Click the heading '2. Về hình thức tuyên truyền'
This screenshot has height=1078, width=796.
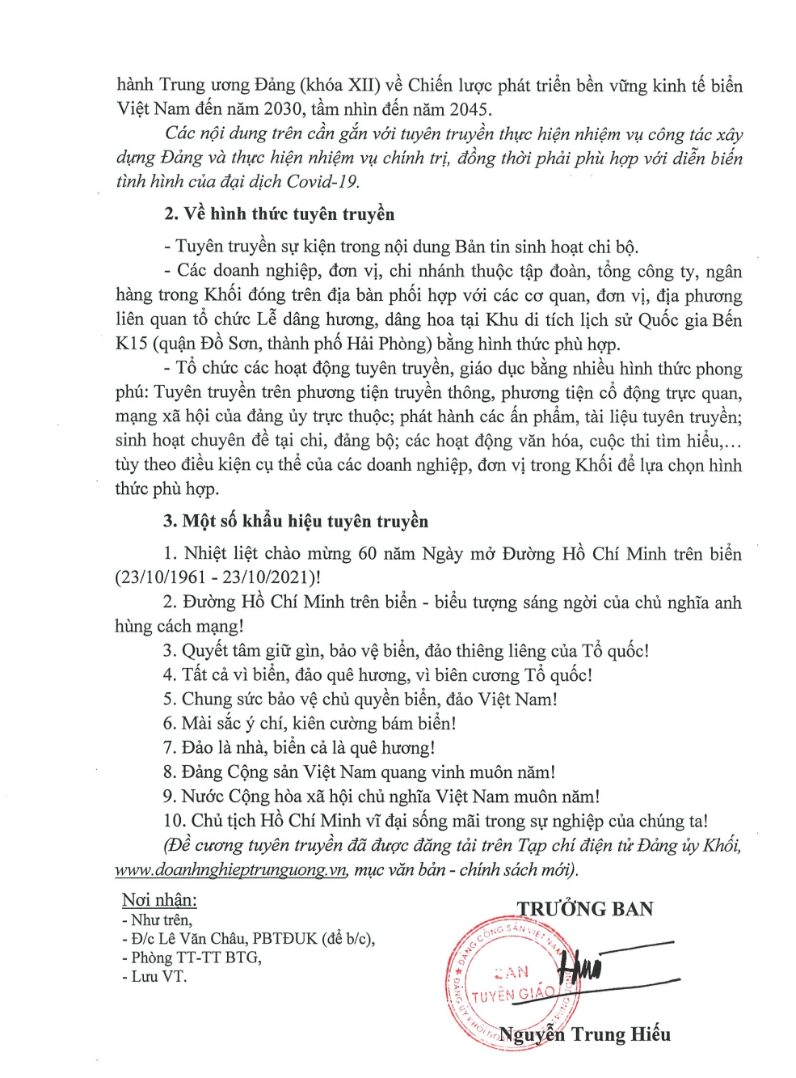(x=279, y=214)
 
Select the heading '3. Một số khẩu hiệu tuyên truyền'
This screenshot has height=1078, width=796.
(x=295, y=522)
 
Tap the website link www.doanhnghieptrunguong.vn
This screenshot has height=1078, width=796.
(x=231, y=870)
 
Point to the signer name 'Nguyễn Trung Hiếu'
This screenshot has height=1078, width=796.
(x=584, y=1034)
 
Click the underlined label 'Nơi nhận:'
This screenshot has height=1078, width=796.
(x=159, y=900)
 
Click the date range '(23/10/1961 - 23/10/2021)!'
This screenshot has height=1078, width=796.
(x=217, y=578)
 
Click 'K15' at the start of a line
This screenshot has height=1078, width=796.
(x=131, y=344)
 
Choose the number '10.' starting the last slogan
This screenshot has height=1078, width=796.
(x=174, y=821)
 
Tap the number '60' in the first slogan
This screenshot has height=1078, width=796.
(x=367, y=554)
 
